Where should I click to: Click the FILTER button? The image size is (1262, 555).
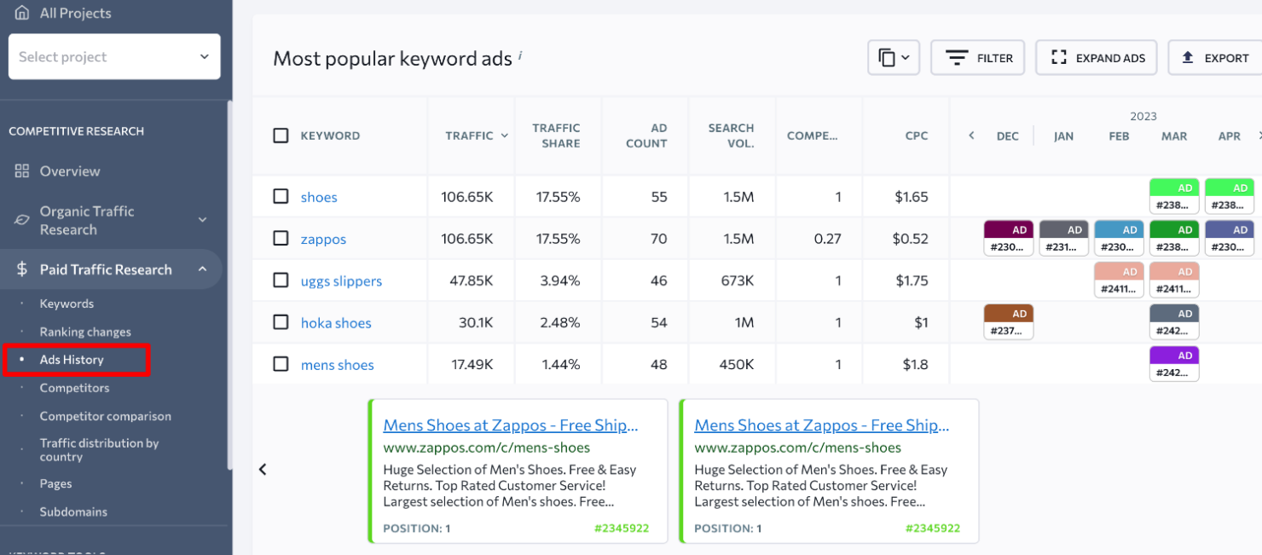[977, 58]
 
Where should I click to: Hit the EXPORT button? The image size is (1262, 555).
[1215, 58]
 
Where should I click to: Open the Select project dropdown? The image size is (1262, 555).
[114, 57]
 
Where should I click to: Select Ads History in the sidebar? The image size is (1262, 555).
[72, 360]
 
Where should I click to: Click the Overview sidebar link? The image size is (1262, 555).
[69, 171]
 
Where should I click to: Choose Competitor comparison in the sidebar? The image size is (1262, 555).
[105, 416]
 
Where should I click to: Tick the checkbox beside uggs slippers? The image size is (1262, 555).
[281, 280]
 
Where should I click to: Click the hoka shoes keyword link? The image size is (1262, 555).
[336, 323]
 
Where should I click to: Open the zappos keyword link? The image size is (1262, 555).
[323, 239]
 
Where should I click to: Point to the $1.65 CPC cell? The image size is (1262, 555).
[912, 197]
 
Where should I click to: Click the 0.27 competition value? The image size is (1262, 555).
[827, 239]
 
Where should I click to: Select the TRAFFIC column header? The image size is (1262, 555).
[470, 136]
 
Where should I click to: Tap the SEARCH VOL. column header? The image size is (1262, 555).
[731, 136]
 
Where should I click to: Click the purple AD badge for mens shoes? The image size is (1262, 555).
[1174, 356]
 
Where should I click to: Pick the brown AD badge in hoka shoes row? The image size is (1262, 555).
[1008, 314]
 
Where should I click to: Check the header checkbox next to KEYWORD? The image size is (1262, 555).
[281, 136]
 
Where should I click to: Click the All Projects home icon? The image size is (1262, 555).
[22, 13]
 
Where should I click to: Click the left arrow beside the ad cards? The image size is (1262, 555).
[263, 470]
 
